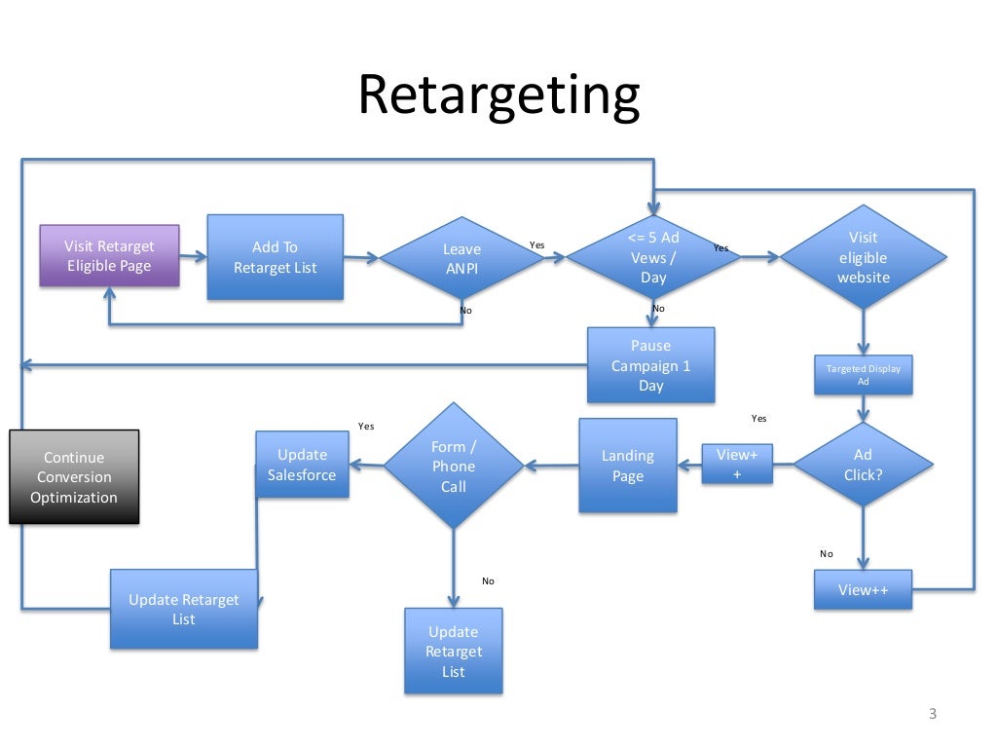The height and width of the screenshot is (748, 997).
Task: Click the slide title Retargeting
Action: pos(498,96)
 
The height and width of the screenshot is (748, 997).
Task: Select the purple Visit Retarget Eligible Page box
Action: pos(109,256)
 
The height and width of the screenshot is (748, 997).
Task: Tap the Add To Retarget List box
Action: pos(275,257)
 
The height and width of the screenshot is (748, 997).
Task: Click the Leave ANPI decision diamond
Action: pos(462,258)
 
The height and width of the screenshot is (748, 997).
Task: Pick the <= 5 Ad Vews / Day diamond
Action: pos(653,257)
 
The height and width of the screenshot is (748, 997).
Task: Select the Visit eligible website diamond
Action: pos(863,257)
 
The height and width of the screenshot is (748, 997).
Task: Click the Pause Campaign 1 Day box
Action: pos(650,365)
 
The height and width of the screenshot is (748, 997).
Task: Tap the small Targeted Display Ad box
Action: pos(863,375)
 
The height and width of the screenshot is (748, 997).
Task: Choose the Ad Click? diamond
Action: pos(863,465)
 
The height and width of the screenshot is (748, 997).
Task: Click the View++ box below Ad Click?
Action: pos(863,590)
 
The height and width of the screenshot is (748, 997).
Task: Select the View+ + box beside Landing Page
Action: pos(737,464)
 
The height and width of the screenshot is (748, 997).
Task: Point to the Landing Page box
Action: pos(627,466)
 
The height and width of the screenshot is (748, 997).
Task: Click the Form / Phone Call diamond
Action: pos(454,466)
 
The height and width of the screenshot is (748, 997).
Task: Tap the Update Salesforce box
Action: pos(302,465)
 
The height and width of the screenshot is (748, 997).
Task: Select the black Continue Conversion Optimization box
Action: pos(74,477)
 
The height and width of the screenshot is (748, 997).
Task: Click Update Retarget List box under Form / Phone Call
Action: pos(454,651)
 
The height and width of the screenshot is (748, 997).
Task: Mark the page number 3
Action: pos(932,715)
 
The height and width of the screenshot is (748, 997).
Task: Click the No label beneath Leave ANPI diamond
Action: pos(465,311)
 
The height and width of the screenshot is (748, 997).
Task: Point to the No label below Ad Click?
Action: pos(827,553)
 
